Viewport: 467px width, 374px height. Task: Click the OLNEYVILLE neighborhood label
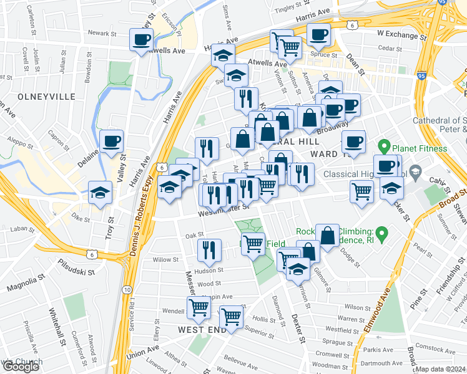(x=38, y=97)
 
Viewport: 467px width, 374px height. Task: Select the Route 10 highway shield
(x=127, y=290)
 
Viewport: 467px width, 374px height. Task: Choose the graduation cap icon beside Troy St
(x=100, y=192)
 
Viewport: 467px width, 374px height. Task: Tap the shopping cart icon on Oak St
(x=252, y=243)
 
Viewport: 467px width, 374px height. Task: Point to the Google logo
(x=20, y=367)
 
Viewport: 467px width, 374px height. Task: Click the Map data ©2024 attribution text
(x=441, y=369)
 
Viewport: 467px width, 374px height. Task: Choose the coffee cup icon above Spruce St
(x=318, y=35)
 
